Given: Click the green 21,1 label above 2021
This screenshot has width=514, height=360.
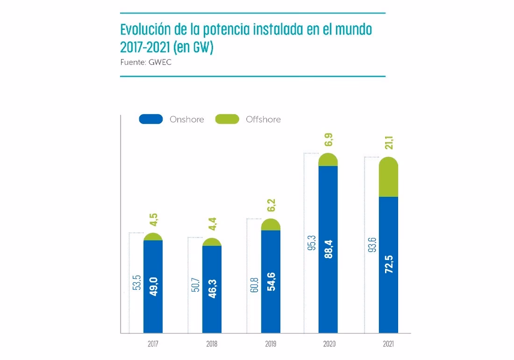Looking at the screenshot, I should click(x=389, y=141).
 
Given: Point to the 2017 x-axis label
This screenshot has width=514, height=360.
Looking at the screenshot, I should click(x=153, y=345).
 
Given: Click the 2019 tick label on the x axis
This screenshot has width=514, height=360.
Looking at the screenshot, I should click(x=271, y=345).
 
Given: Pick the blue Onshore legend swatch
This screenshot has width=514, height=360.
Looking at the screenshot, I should click(x=151, y=119).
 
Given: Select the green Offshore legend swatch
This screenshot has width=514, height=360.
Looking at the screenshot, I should click(x=227, y=119).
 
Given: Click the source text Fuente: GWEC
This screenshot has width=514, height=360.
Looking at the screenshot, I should click(x=146, y=62).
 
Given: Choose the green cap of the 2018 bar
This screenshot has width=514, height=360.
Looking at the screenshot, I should click(x=212, y=242).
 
